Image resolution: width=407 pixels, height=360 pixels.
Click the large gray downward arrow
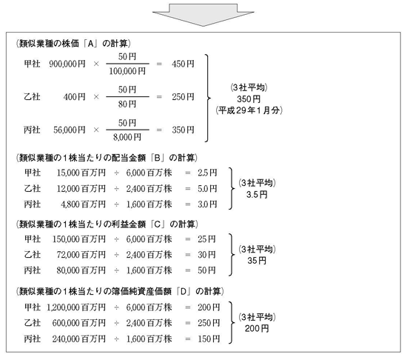[x=203, y=15]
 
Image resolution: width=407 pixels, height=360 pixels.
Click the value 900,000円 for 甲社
[x=67, y=64]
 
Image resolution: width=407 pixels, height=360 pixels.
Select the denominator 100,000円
[x=127, y=71]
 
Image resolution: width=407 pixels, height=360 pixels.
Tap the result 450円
[x=183, y=64]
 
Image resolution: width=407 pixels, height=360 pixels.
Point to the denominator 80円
[x=127, y=104]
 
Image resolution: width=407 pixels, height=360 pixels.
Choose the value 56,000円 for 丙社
[x=70, y=130]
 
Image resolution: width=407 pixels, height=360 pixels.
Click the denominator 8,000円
[x=127, y=137]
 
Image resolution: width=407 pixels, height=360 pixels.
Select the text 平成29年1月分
[x=249, y=110]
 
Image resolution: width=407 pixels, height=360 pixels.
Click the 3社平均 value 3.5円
[x=257, y=195]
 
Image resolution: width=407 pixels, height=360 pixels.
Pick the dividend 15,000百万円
[x=81, y=173]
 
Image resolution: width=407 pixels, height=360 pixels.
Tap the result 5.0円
[x=207, y=189]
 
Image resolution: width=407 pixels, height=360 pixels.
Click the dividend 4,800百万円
[x=84, y=204]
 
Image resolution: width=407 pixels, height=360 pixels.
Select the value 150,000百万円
[x=79, y=239]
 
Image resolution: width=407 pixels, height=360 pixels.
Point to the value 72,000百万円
[x=81, y=255]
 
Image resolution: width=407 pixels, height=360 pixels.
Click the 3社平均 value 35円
[x=257, y=261]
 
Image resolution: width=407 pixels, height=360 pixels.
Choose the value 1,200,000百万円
[x=76, y=307]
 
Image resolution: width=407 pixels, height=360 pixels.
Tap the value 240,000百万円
[x=79, y=339]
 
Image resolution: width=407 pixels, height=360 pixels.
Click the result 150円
[x=209, y=339]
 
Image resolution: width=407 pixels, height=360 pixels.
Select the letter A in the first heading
[x=90, y=44]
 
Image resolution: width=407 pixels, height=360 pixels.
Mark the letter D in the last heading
[x=184, y=292]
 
